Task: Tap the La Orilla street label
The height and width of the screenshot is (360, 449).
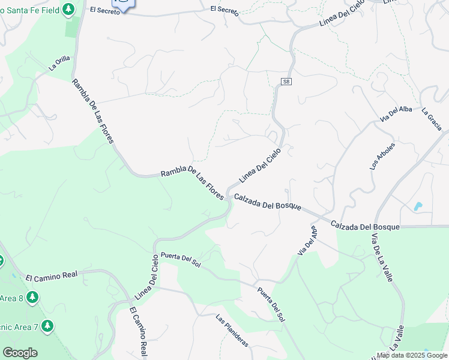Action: (59, 63)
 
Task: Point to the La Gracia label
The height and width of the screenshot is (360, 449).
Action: (432, 119)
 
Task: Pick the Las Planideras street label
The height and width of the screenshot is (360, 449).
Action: (232, 331)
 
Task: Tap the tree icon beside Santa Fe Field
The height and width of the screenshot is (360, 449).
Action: (69, 9)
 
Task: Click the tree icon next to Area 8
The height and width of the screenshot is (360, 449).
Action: (32, 298)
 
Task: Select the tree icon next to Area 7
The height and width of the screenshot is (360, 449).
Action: (47, 326)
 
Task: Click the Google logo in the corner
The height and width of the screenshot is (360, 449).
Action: (20, 353)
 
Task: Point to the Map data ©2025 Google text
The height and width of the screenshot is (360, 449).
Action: (412, 355)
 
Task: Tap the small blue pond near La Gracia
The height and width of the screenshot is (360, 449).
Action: (418, 206)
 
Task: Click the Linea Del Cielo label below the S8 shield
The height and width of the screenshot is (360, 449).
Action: (260, 166)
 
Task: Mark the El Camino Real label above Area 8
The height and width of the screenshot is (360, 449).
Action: (52, 275)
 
